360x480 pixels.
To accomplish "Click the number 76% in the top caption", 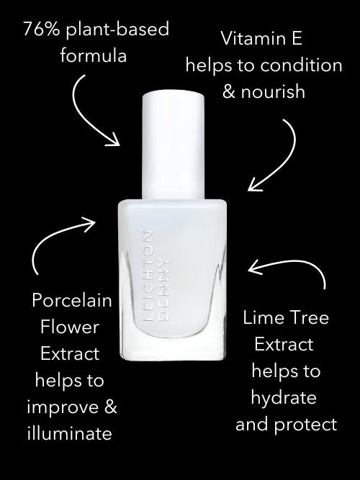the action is pyautogui.click(x=41, y=30).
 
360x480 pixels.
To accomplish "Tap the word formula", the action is pyautogui.click(x=93, y=56).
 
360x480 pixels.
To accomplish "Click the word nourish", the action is pyautogui.click(x=273, y=91).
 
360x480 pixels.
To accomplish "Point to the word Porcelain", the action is pyautogui.click(x=72, y=300).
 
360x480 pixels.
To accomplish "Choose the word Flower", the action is pyautogui.click(x=70, y=327).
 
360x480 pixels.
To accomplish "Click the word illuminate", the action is pyautogui.click(x=70, y=433).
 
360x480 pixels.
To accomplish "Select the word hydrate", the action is pyautogui.click(x=284, y=398).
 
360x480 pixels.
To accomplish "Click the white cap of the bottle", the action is pyautogui.click(x=173, y=145).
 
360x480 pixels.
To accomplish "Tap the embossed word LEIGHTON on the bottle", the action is pyautogui.click(x=148, y=276).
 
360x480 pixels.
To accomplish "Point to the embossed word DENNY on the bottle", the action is pyautogui.click(x=163, y=291).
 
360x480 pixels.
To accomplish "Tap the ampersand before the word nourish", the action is pyautogui.click(x=229, y=91).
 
